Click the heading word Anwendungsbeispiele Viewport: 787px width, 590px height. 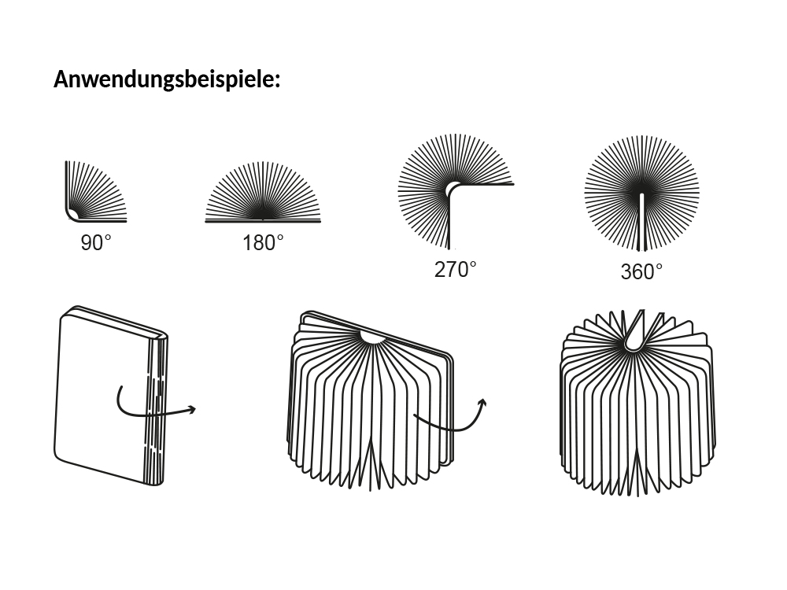(x=166, y=79)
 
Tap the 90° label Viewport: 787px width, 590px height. (x=96, y=243)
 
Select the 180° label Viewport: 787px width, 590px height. (x=263, y=243)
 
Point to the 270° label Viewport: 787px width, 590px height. (x=456, y=270)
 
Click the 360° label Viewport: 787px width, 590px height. (x=641, y=272)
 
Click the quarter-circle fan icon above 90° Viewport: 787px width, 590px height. (x=94, y=191)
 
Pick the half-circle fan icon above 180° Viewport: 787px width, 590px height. (x=263, y=193)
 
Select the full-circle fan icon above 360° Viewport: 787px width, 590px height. (x=641, y=193)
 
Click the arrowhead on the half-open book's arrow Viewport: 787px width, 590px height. (x=482, y=404)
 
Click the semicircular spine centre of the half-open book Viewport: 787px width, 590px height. (x=371, y=337)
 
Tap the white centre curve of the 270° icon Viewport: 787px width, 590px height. (x=451, y=190)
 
